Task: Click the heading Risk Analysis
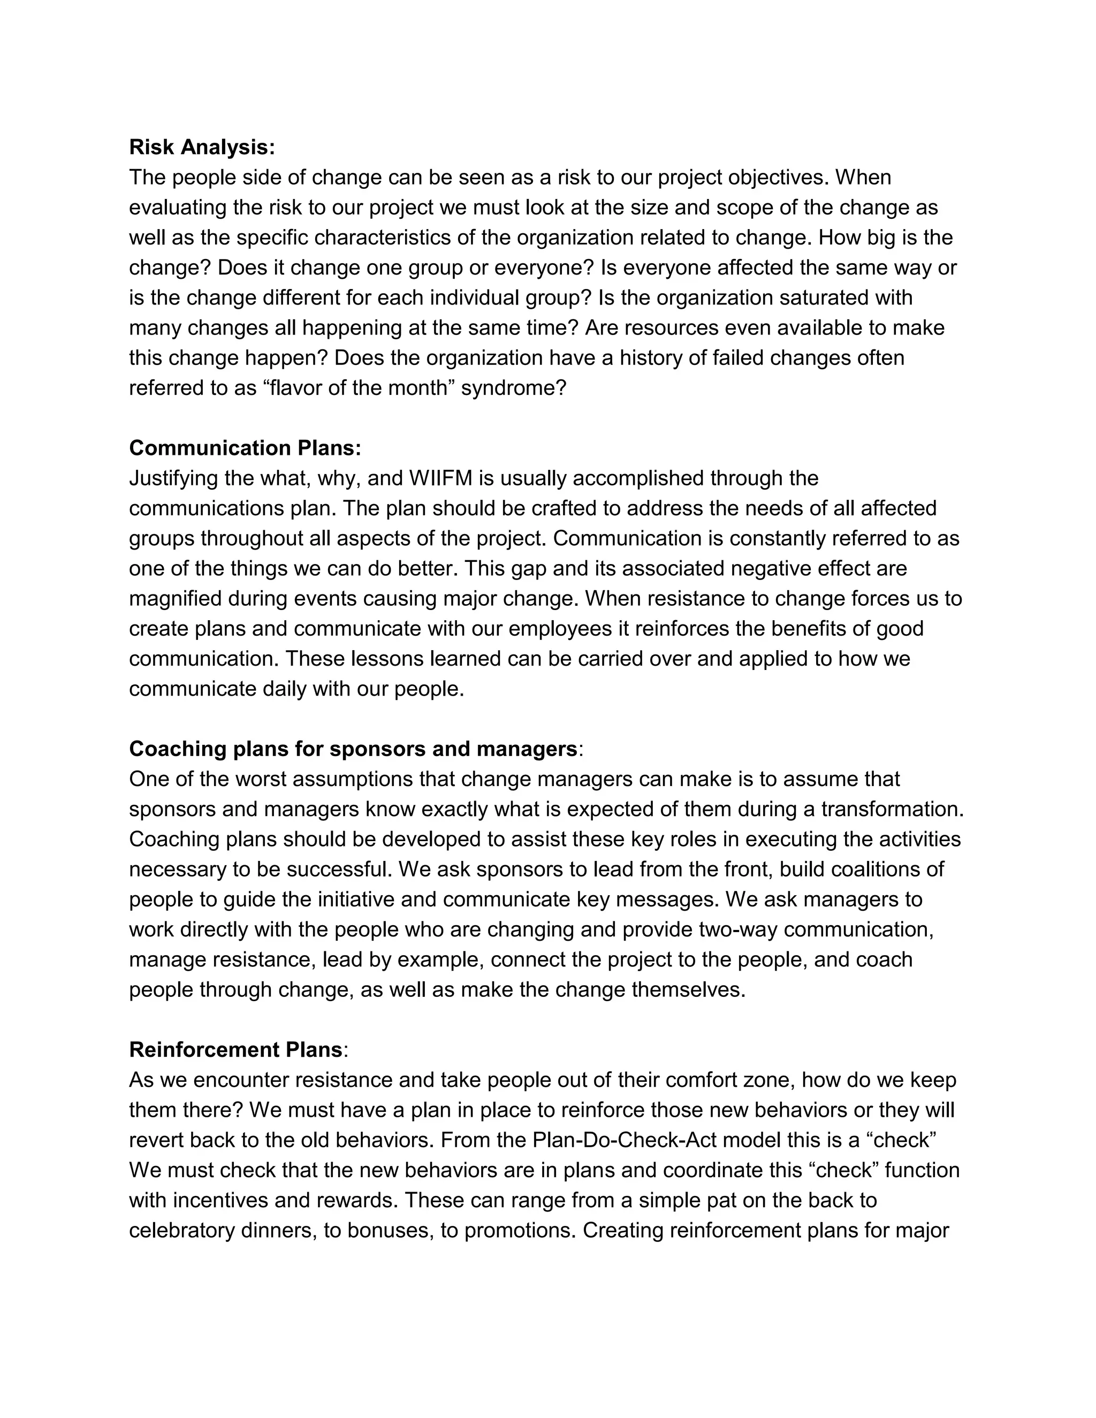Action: pyautogui.click(x=202, y=147)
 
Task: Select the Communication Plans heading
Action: pyautogui.click(x=245, y=448)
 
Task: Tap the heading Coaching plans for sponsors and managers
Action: pyautogui.click(x=353, y=749)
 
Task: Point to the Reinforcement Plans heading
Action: pyautogui.click(x=235, y=1049)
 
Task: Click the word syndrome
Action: pyautogui.click(x=513, y=388)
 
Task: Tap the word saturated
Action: pyautogui.click(x=826, y=298)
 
